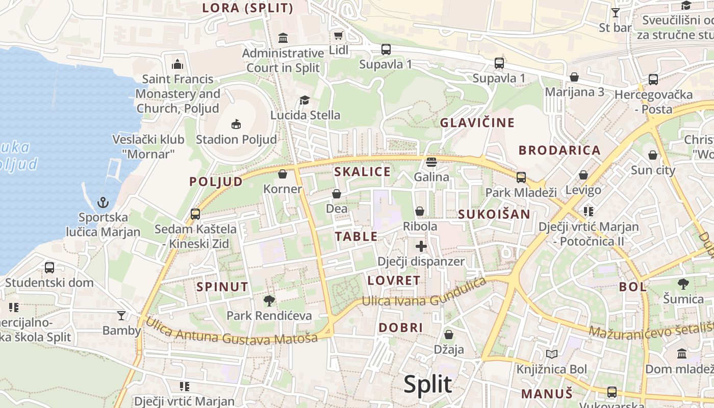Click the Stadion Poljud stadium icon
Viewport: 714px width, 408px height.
[x=236, y=124]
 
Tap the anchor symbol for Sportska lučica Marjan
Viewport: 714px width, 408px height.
[x=103, y=202]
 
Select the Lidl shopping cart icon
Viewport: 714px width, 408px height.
[x=338, y=35]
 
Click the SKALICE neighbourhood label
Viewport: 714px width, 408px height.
[x=362, y=172]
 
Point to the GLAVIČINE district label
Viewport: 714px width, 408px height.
[x=477, y=123]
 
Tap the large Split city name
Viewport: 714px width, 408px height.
[x=427, y=385]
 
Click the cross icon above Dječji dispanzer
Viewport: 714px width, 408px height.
[x=421, y=247]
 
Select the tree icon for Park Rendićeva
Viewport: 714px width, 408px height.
[x=269, y=300]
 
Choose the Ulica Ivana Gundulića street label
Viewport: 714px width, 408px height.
[x=424, y=294]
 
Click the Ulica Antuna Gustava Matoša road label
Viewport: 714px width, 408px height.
[x=232, y=331]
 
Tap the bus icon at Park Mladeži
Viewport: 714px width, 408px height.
[x=521, y=177]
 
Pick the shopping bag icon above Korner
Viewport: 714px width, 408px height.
[x=283, y=174]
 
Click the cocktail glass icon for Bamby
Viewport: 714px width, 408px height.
[x=121, y=316]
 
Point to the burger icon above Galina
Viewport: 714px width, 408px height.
[x=431, y=162]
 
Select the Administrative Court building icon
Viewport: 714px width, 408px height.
[x=283, y=38]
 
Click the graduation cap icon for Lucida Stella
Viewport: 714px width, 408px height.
[x=304, y=100]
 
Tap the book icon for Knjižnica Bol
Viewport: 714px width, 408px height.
[x=551, y=354]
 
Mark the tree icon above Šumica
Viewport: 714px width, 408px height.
[x=683, y=284]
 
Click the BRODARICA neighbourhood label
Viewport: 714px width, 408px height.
[x=559, y=150]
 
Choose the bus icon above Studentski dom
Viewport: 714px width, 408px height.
[x=49, y=267]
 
